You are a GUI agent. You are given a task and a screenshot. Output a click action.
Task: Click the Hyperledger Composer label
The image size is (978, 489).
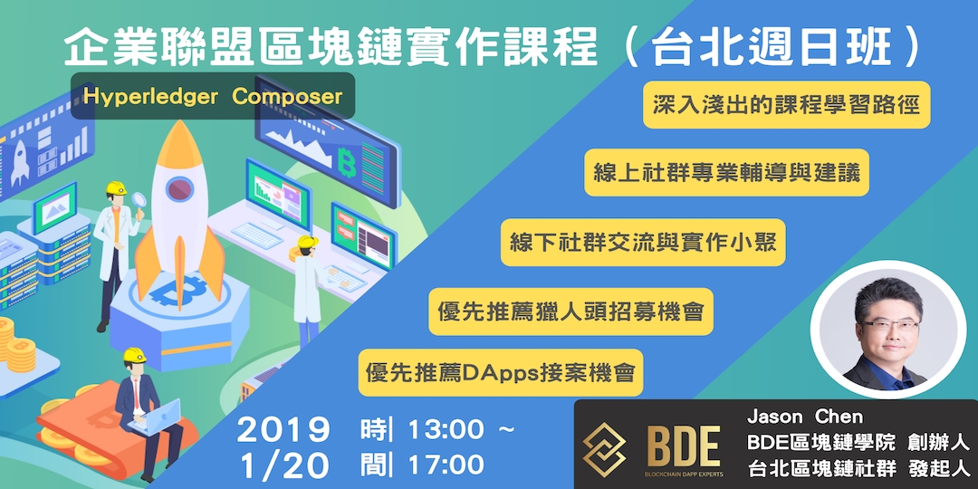tap(213, 96)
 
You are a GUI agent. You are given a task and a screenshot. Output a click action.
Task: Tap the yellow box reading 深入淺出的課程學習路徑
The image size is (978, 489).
tap(786, 106)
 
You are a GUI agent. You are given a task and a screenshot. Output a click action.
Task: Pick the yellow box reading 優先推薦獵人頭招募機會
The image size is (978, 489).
tap(569, 312)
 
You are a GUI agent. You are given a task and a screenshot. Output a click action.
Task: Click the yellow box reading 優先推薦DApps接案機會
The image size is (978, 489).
tap(500, 372)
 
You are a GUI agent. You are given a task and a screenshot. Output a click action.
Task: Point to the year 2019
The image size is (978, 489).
tap(283, 429)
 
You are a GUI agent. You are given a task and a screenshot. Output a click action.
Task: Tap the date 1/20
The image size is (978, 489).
tap(283, 465)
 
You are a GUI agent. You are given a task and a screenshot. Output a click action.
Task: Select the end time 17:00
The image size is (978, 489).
tap(447, 465)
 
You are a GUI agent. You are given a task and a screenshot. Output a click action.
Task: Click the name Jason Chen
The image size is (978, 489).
tap(805, 417)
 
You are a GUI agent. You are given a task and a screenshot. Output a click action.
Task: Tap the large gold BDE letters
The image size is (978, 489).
tap(684, 446)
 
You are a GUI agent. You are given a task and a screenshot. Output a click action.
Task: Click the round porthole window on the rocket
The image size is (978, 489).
tap(178, 190)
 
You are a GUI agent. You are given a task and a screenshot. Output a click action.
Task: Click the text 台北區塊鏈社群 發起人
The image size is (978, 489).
tap(858, 469)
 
